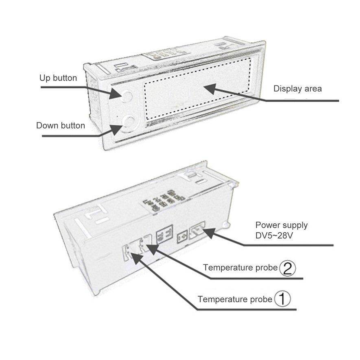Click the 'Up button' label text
(x=58, y=78)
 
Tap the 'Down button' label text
(x=61, y=126)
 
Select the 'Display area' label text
(x=297, y=89)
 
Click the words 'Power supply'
(x=281, y=225)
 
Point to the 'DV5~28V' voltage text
(x=274, y=236)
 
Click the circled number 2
(x=288, y=268)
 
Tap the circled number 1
(x=282, y=299)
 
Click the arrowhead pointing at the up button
(x=116, y=94)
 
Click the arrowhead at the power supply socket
(x=209, y=233)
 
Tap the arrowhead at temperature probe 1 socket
(x=137, y=258)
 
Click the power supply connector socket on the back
(x=197, y=230)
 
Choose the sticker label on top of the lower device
(x=164, y=201)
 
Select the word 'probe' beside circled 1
(x=261, y=300)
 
